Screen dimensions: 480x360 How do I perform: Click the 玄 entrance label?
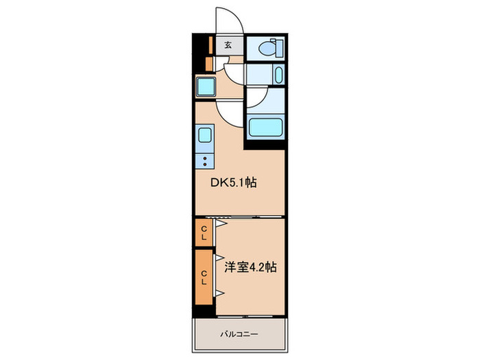228,45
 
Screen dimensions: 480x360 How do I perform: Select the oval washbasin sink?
278,75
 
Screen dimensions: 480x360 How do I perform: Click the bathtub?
265,127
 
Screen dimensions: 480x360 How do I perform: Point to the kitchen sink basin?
204,135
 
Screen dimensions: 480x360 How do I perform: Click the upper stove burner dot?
205,158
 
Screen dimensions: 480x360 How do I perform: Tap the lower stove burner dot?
205,165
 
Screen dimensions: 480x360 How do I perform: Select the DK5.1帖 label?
233,183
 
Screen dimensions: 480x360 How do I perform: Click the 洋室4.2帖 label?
250,267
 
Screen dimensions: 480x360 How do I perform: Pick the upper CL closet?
204,232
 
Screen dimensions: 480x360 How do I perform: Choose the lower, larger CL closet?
204,277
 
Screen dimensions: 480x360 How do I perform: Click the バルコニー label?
239,334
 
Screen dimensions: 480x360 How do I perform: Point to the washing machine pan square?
206,86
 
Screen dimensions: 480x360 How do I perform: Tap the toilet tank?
279,48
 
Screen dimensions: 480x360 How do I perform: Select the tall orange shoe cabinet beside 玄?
211,45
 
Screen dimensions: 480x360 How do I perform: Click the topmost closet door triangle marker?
221,224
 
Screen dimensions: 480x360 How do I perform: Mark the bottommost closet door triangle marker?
220,293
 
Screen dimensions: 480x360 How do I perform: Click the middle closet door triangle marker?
220,258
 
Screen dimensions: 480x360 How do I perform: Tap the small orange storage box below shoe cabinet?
208,64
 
